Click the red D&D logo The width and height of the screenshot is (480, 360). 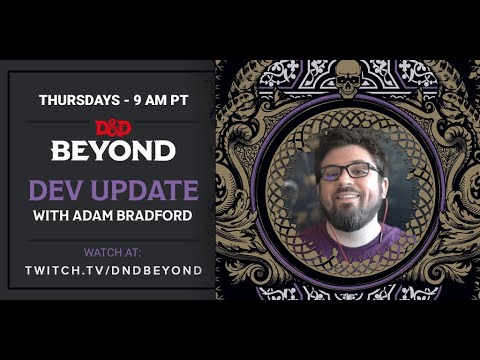pos(113,126)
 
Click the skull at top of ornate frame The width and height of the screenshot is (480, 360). pos(347,78)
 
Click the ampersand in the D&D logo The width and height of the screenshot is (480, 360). pos(113,126)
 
